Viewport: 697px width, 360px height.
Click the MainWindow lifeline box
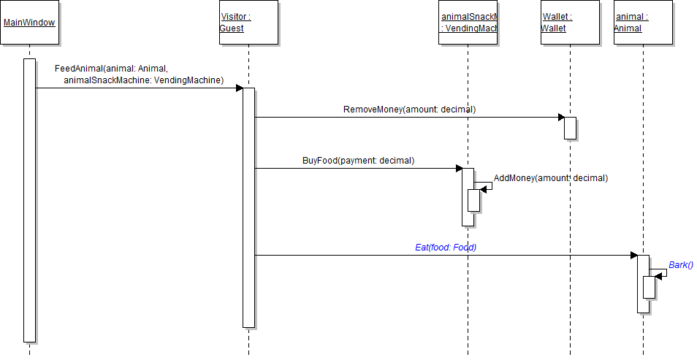[29, 22]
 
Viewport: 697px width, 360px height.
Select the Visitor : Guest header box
[248, 22]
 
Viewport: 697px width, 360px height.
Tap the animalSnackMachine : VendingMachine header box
[468, 22]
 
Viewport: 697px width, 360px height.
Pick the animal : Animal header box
[643, 22]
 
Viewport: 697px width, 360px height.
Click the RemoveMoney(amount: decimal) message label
[409, 110]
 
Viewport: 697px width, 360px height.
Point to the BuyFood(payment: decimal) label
[358, 161]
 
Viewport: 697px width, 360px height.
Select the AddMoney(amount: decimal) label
[550, 177]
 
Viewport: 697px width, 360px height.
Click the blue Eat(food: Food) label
[446, 248]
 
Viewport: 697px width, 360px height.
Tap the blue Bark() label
[680, 265]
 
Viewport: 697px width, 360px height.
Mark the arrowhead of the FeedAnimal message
[239, 88]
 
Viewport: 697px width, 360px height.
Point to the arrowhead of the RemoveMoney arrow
[560, 118]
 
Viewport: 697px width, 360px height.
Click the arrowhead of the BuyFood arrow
[459, 169]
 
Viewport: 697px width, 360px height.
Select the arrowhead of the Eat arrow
[634, 256]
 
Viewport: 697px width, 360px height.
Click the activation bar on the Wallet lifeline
[570, 128]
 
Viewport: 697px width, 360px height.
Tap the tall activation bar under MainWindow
[29, 201]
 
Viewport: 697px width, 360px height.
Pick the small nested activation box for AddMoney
[473, 200]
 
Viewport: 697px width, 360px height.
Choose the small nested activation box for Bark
[649, 287]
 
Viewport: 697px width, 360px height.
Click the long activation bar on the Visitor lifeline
[248, 208]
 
